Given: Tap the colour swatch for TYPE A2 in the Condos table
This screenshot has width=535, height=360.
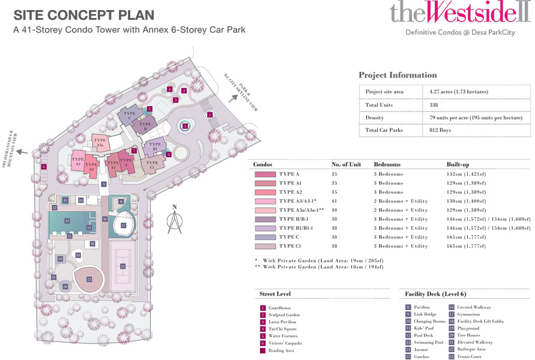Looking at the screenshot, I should (x=264, y=192).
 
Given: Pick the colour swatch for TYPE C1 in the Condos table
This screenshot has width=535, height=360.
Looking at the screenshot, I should (x=264, y=246).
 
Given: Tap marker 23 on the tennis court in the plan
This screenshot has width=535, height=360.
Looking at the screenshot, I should (x=123, y=266).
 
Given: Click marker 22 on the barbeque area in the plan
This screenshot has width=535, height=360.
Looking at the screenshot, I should (x=89, y=279).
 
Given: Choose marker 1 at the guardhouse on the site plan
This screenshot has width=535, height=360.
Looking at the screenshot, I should (x=210, y=115).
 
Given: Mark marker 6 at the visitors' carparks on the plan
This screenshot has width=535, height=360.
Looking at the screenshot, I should (x=44, y=166).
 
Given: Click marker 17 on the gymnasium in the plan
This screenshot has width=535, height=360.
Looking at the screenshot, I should (x=123, y=226).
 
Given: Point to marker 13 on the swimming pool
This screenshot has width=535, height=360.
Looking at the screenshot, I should (x=67, y=221).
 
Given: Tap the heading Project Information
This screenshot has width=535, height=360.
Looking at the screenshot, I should (x=397, y=75).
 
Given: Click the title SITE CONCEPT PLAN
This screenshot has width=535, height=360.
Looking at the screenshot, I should (x=83, y=14).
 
